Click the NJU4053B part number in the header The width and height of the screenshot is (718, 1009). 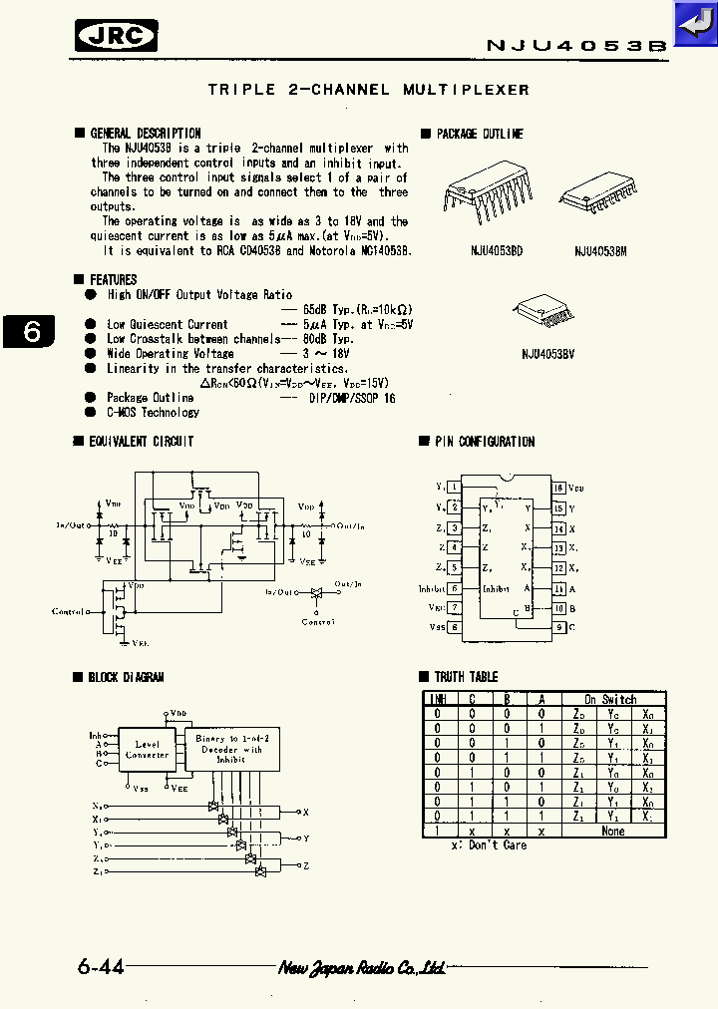click(575, 45)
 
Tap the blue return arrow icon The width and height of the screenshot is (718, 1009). click(694, 22)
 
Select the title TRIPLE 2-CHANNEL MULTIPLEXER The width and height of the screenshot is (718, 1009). click(368, 90)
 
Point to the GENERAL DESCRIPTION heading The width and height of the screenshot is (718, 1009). click(145, 133)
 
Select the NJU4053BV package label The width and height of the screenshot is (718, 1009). click(547, 353)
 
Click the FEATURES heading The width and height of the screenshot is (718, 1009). click(113, 280)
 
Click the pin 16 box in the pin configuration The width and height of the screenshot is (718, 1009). click(558, 488)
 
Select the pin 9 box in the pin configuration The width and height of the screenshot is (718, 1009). click(558, 627)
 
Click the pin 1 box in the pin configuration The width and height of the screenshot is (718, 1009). click(455, 487)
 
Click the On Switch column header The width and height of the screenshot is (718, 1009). click(610, 699)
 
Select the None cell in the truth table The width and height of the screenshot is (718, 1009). click(612, 831)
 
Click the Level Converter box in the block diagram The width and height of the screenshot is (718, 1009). click(147, 750)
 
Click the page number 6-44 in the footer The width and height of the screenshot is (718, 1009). click(100, 967)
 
